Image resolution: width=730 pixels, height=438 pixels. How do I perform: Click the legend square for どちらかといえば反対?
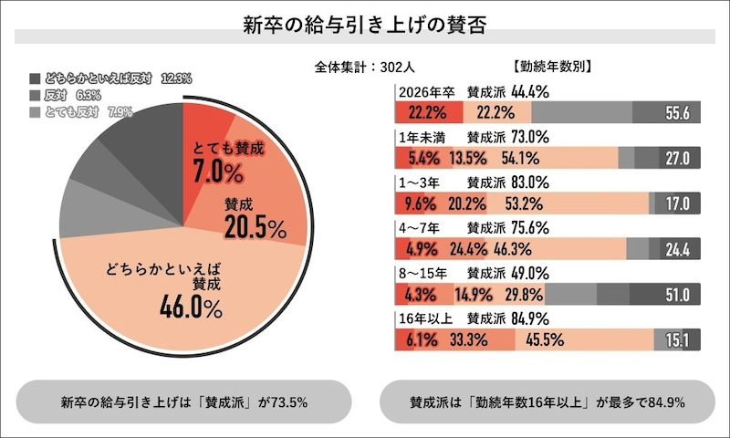click(x=35, y=79)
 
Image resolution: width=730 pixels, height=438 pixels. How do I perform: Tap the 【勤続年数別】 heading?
click(x=553, y=66)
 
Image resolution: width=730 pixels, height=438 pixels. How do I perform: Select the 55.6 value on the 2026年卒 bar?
click(x=677, y=113)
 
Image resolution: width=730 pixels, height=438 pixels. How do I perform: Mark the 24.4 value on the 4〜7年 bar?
click(x=677, y=249)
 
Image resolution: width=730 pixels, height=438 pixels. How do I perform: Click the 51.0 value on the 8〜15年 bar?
click(x=677, y=295)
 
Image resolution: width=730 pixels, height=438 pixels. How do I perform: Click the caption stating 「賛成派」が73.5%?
click(x=183, y=401)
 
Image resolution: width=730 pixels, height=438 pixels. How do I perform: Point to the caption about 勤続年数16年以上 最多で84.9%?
click(x=547, y=401)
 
